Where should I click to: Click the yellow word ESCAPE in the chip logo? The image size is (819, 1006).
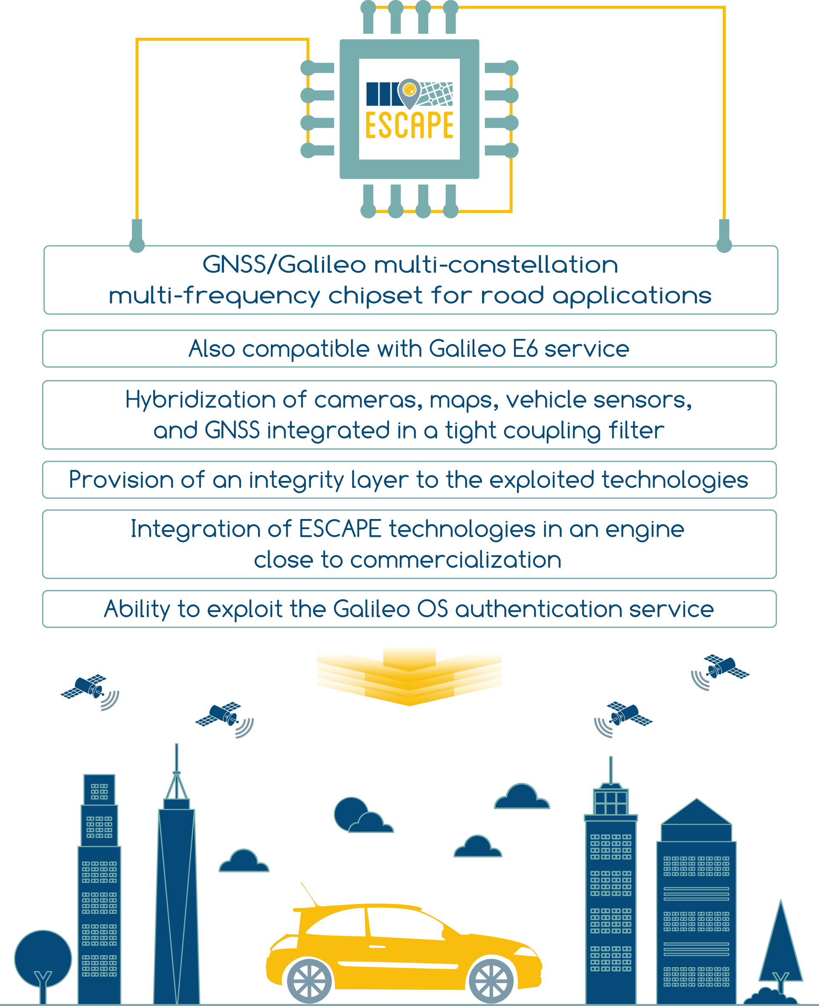tap(409, 125)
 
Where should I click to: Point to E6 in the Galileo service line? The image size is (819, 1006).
tap(525, 349)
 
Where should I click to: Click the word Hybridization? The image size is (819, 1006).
tap(200, 400)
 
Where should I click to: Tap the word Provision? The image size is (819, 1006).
tap(121, 480)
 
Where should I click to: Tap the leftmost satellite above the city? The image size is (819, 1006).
tap(90, 691)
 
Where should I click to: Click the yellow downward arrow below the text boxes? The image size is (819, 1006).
tap(409, 676)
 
